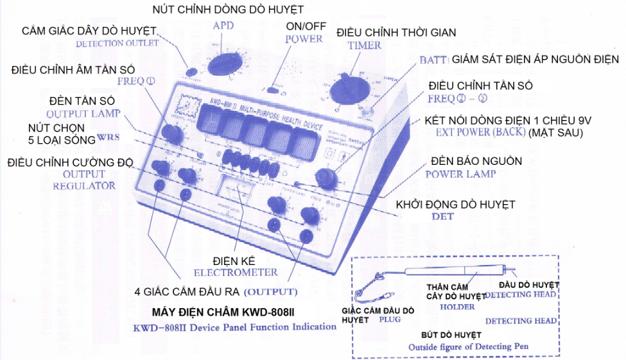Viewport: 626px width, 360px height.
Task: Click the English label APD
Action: click(224, 26)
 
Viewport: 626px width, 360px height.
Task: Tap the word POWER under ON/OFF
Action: click(304, 39)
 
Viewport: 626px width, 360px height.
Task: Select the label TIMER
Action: click(364, 45)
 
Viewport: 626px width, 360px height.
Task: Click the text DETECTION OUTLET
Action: click(117, 44)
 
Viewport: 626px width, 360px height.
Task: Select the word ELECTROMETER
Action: click(236, 272)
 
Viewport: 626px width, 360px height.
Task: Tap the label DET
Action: click(442, 216)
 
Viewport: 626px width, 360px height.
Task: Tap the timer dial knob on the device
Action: click(347, 90)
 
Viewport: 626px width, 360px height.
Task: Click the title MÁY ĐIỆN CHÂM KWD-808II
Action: click(232, 313)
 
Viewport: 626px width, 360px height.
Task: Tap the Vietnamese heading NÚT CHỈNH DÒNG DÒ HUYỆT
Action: click(228, 9)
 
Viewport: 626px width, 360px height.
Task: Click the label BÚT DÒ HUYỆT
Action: click(451, 335)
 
